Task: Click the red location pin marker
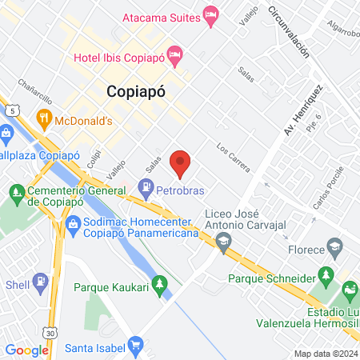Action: click(181, 162)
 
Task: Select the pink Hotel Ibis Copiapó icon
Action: click(177, 56)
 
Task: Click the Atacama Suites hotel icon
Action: click(210, 16)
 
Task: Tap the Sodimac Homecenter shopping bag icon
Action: click(74, 224)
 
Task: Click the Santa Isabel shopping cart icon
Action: click(136, 346)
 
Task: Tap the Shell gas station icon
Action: click(38, 284)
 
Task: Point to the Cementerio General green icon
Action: click(16, 192)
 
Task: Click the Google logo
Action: click(26, 350)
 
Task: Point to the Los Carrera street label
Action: click(233, 158)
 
